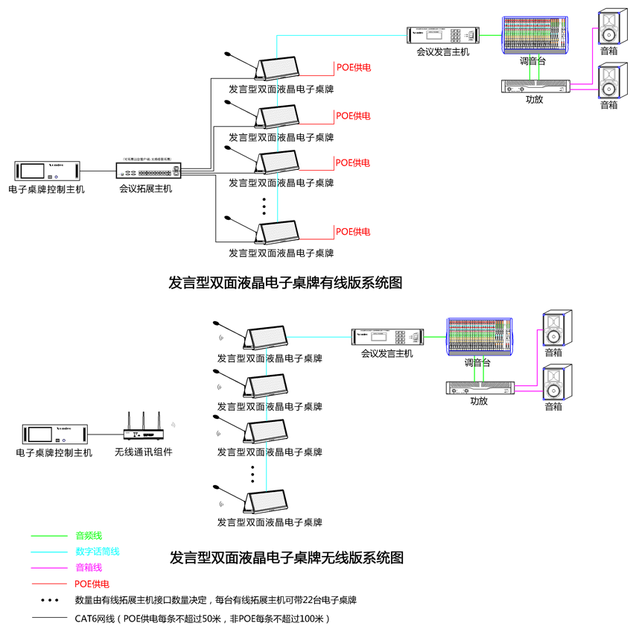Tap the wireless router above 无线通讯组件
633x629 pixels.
pos(143,432)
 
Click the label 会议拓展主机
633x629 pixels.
pos(146,189)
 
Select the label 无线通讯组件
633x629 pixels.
pos(143,452)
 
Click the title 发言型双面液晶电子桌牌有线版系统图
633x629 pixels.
pos(285,283)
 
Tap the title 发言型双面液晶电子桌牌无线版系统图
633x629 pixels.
pos(287,557)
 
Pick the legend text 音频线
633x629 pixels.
pos(89,535)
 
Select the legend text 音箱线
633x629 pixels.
pos(89,568)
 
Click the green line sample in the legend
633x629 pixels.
pos(49,535)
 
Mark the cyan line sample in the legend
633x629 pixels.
pos(49,551)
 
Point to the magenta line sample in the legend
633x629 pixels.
pos(49,568)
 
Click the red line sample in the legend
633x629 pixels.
pos(49,584)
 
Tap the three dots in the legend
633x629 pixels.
pos(49,600)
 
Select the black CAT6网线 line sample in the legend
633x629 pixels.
pos(49,618)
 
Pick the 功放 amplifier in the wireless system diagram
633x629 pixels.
pos(480,387)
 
